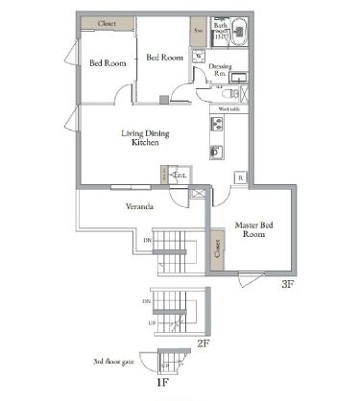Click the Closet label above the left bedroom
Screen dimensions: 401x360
pos(106,22)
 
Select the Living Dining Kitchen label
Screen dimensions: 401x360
pos(145,137)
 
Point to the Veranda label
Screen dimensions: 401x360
pos(140,206)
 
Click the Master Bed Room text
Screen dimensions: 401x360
pos(253,229)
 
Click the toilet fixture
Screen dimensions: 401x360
pos(228,95)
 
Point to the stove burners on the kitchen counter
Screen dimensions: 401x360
pos(216,127)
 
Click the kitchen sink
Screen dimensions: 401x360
pos(216,152)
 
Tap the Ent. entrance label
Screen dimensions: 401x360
pos(179,176)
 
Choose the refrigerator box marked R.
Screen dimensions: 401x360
pos(240,178)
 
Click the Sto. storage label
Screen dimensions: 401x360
pos(197,30)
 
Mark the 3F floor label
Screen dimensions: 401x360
pos(287,285)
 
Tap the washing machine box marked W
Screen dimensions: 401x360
pos(198,56)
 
